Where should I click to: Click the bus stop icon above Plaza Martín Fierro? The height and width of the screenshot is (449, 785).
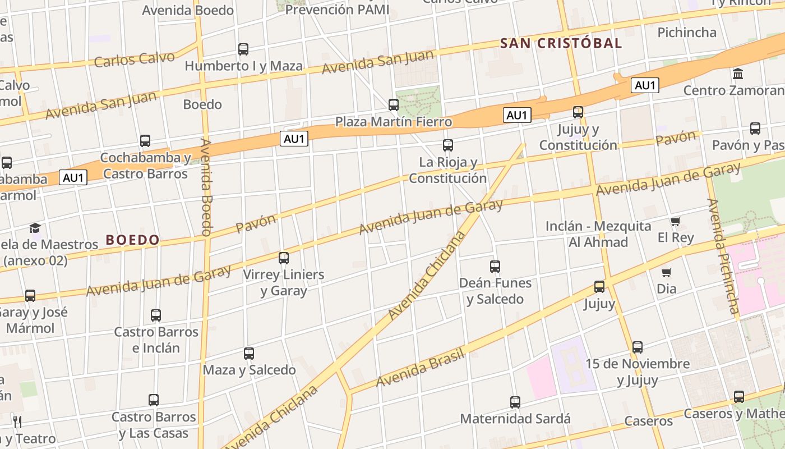click(394, 105)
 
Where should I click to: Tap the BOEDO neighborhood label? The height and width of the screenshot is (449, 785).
click(133, 240)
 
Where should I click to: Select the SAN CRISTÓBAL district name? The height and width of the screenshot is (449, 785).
click(561, 43)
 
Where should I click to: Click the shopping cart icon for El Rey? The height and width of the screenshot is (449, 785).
click(675, 222)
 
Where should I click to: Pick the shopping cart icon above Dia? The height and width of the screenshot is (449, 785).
click(666, 273)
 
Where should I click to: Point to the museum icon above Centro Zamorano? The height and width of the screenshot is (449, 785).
click(738, 74)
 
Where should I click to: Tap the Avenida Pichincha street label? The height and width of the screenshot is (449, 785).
click(724, 256)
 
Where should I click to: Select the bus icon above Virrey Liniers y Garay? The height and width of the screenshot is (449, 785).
click(284, 258)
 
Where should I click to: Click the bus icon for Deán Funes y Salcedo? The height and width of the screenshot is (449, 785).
click(495, 267)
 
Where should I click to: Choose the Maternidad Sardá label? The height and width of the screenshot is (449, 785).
click(515, 419)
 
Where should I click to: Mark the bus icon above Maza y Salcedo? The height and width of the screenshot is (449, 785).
click(249, 354)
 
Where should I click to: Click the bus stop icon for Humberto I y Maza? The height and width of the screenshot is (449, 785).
click(243, 49)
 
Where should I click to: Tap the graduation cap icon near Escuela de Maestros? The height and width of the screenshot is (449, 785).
click(35, 228)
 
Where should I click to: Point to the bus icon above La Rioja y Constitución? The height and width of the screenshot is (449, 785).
click(447, 146)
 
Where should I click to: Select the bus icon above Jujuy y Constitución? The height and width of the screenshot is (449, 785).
click(578, 112)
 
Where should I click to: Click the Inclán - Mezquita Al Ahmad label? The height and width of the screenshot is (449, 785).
click(598, 234)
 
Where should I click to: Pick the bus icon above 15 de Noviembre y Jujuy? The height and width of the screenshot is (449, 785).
click(638, 347)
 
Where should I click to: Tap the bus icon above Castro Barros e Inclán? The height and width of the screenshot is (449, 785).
click(156, 315)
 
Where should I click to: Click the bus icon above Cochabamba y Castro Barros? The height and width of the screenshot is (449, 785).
click(145, 141)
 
